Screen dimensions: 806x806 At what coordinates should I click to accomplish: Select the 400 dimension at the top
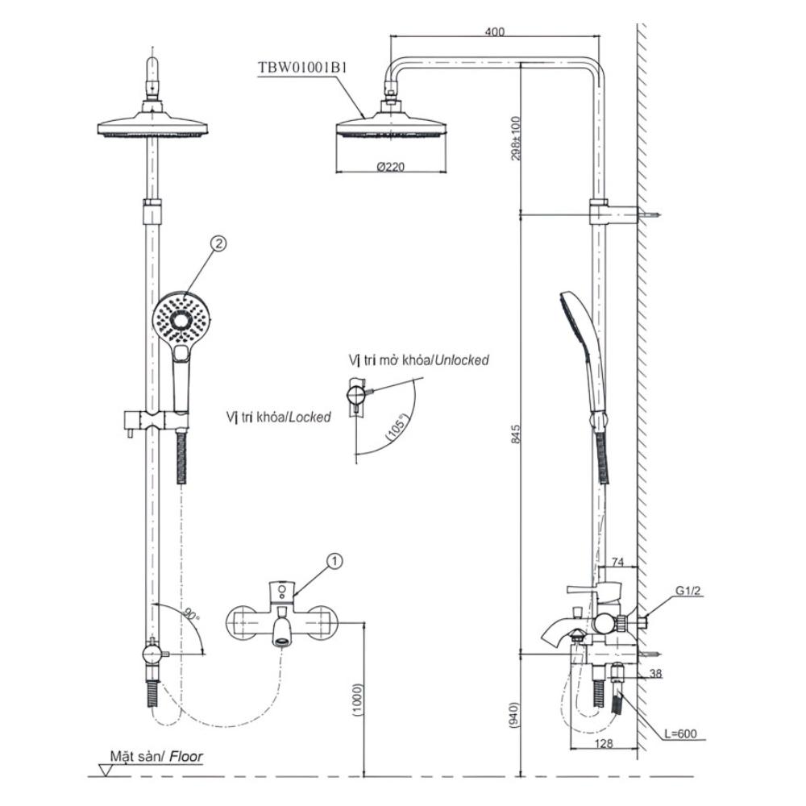(495, 31)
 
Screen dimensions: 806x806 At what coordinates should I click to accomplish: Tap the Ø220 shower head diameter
(391, 167)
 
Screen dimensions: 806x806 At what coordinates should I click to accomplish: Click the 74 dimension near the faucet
(619, 562)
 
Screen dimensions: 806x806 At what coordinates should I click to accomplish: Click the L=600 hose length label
(682, 733)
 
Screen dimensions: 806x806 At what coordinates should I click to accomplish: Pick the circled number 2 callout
(215, 243)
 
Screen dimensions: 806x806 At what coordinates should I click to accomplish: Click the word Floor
(186, 756)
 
